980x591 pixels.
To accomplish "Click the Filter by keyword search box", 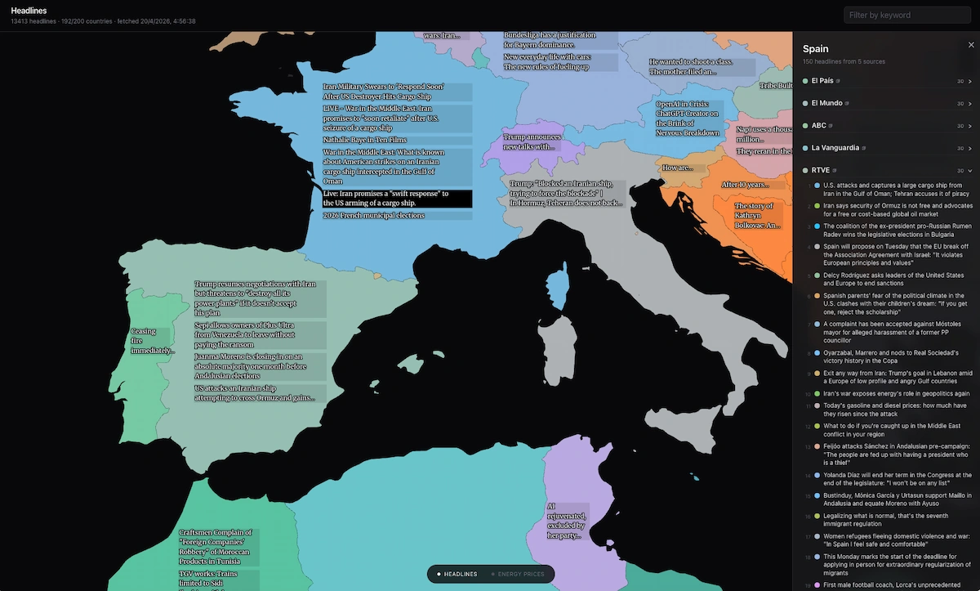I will click(906, 15).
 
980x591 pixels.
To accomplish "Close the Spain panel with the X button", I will click(970, 45).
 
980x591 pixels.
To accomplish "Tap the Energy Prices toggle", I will click(520, 574).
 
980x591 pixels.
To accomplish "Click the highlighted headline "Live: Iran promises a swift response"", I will click(396, 198).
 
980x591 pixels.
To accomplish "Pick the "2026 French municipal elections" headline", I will click(374, 216).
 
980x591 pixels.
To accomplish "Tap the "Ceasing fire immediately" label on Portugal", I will click(151, 341).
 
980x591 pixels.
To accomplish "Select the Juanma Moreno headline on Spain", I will click(260, 366).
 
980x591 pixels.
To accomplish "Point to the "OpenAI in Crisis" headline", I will click(688, 119).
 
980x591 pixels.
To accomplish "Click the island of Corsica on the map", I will click(558, 289).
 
